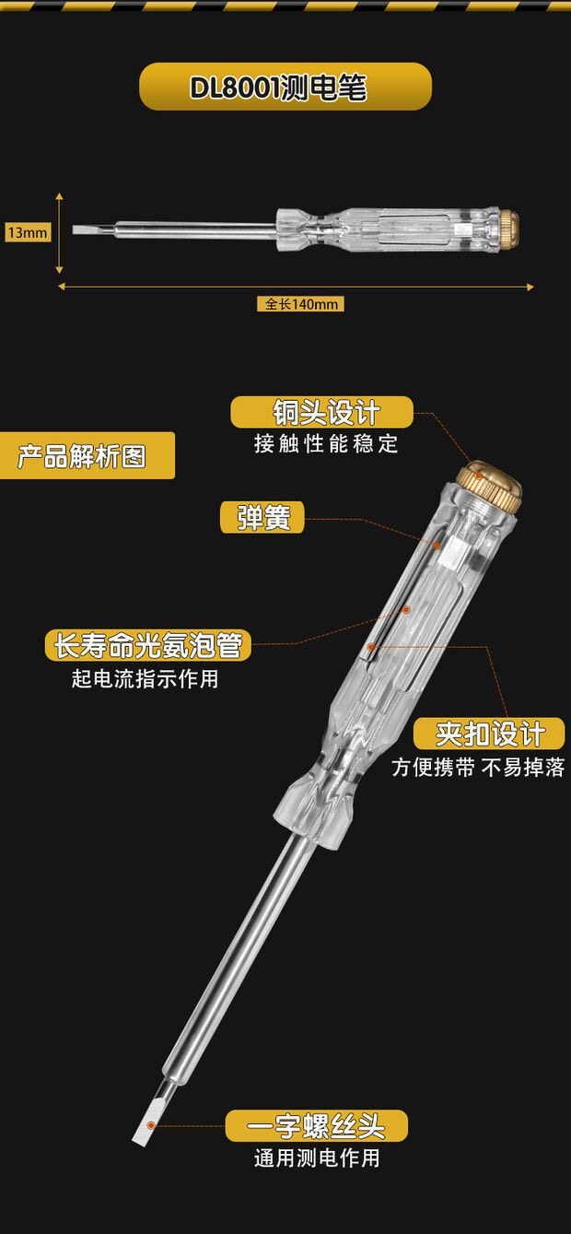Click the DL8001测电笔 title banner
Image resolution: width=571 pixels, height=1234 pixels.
pyautogui.click(x=285, y=88)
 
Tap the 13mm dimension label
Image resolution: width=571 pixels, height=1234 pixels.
pyautogui.click(x=27, y=232)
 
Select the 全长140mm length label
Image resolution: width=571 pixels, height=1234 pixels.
pyautogui.click(x=300, y=304)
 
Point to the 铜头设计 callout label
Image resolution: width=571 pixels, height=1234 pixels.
pyautogui.click(x=321, y=411)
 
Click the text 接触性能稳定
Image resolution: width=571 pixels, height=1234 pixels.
pyautogui.click(x=326, y=444)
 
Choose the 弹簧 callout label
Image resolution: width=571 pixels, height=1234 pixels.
pyautogui.click(x=262, y=517)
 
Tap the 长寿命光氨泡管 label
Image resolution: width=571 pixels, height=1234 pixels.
pyautogui.click(x=147, y=645)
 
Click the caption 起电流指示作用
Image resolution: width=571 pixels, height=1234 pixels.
pyautogui.click(x=146, y=679)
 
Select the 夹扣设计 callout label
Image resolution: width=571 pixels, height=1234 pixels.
pyautogui.click(x=488, y=734)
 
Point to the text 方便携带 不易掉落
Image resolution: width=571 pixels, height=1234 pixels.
pyautogui.click(x=477, y=768)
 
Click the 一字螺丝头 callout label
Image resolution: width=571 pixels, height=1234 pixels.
pyautogui.click(x=316, y=1125)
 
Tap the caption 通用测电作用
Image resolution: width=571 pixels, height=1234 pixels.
pyautogui.click(x=316, y=1158)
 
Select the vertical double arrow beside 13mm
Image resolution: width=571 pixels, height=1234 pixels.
pyautogui.click(x=59, y=232)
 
